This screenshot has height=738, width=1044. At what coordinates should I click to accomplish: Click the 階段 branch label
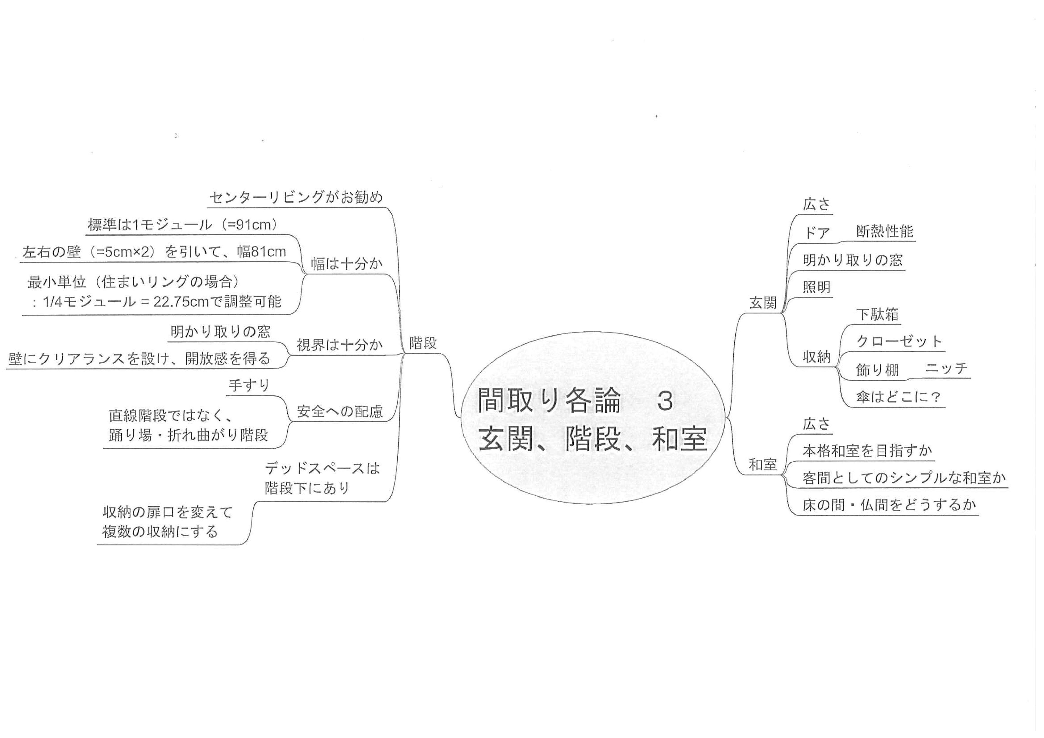pos(423,343)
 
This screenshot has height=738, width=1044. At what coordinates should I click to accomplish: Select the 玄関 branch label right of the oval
pos(763,303)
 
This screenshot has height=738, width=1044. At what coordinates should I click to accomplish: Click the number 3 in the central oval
pos(665,402)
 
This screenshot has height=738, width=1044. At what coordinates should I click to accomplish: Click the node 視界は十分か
pos(340,345)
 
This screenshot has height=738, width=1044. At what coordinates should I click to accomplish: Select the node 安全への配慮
pos(340,411)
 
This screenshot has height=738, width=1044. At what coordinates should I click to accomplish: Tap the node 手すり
pos(249,386)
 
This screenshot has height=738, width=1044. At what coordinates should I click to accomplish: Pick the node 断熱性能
pos(885,231)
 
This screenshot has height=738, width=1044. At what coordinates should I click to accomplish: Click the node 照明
pos(817,287)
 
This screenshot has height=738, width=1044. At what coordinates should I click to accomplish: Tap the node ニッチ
pos(947,368)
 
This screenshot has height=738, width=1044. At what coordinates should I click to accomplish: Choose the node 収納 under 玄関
pos(817,357)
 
